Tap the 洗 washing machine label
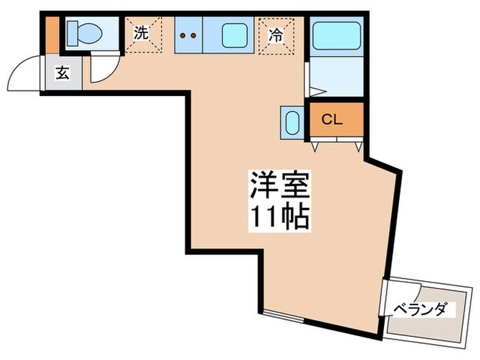coord(141,32)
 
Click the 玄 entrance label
coord(62,73)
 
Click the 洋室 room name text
coord(278,186)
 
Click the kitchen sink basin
coord(234,34)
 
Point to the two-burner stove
coord(187,34)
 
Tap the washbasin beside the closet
coord(290,123)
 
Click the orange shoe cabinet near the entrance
coord(50,33)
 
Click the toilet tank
coord(70,32)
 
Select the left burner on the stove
coord(182,34)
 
